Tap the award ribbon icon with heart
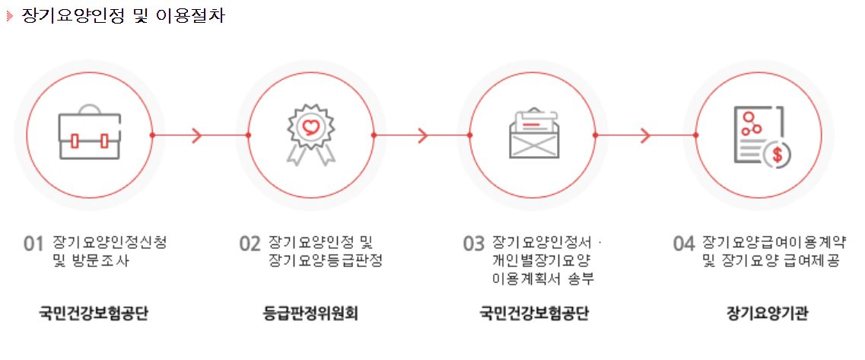pos(310,134)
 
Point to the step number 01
pos(35,244)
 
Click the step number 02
pos(250,244)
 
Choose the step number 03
pos(474,244)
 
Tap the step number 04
pos(685,244)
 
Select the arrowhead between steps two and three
pos(422,135)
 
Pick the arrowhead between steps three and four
pos(644,135)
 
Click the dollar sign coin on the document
pos(778,155)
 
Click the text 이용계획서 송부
pos(543,279)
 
